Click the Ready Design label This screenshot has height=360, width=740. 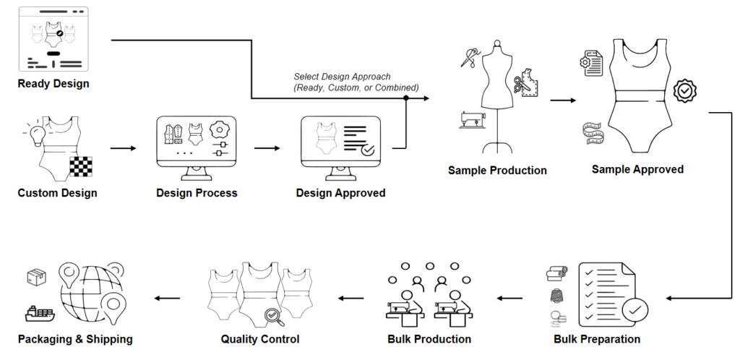(53, 84)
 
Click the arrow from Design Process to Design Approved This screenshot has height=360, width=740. (267, 148)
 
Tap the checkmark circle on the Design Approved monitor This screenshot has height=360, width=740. (368, 150)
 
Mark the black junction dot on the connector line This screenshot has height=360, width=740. (406, 98)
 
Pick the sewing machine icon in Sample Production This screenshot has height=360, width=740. (472, 120)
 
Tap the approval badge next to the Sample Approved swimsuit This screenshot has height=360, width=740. (684, 91)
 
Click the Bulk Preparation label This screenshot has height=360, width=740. (597, 339)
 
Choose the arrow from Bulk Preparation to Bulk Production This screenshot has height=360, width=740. (509, 297)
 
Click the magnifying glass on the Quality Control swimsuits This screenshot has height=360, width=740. (274, 315)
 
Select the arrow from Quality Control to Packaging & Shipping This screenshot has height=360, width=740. (168, 297)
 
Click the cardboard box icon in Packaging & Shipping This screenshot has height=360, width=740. (37, 277)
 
